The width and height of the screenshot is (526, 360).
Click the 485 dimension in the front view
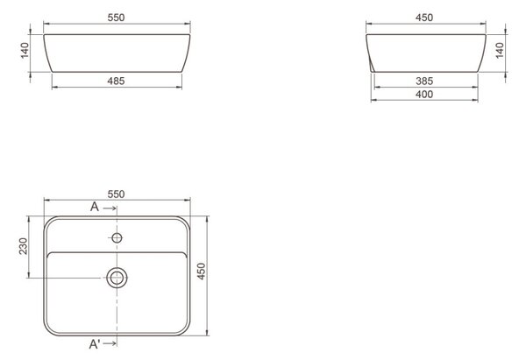[x=116, y=81]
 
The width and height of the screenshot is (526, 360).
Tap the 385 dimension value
[x=424, y=81]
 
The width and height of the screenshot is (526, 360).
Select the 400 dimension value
[x=424, y=95]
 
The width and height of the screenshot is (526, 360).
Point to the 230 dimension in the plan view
[x=24, y=246]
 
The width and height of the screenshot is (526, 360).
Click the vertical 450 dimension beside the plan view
[x=201, y=272]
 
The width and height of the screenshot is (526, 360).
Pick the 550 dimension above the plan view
[x=116, y=194]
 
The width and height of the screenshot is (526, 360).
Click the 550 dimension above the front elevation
[x=116, y=18]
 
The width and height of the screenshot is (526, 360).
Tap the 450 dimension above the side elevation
[x=424, y=18]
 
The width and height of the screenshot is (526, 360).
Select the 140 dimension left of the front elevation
[x=25, y=51]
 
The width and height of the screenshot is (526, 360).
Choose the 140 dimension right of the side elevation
[x=500, y=51]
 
